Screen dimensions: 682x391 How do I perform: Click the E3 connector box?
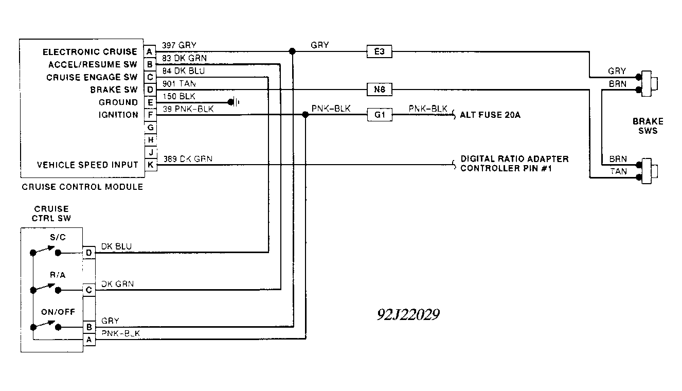379,51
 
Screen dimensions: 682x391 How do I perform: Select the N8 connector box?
380,90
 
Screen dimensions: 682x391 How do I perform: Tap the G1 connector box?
380,115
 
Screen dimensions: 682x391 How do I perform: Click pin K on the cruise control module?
151,165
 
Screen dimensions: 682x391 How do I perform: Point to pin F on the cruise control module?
150,115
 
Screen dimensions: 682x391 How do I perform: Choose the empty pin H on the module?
150,140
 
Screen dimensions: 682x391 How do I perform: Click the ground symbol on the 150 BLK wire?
234,102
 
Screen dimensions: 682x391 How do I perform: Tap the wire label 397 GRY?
179,45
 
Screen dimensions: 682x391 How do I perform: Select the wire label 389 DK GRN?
188,159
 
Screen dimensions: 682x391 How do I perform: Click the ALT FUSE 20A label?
490,115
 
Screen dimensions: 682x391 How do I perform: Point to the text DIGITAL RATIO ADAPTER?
514,159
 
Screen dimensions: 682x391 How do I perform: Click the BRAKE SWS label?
648,126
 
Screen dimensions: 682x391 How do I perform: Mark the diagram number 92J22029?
408,314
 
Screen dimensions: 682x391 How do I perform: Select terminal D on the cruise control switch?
89,253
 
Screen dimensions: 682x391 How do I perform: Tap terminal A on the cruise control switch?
89,340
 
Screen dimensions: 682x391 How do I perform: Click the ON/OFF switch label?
58,312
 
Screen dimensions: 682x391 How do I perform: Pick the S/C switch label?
58,237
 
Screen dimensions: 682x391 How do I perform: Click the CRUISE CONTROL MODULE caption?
82,187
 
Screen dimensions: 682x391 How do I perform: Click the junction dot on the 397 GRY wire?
292,51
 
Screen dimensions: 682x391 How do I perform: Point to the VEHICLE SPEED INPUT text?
87,165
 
